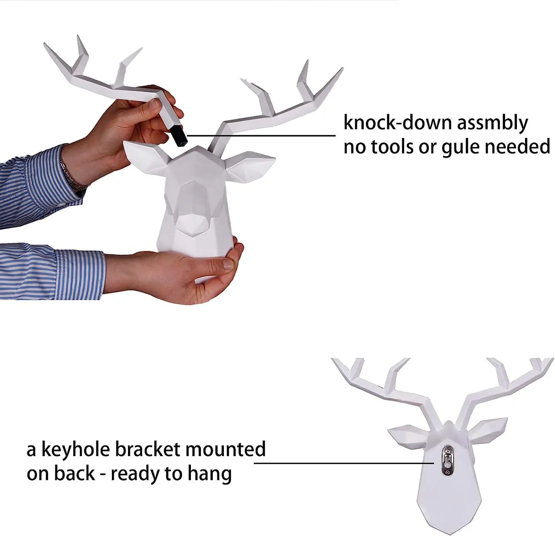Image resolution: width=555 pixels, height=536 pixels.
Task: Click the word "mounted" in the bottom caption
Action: [x=225, y=449]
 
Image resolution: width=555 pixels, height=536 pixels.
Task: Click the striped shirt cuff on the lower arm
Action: [x=83, y=273]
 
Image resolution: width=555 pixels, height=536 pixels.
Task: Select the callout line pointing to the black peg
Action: [x=261, y=135]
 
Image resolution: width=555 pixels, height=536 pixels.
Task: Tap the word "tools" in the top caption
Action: [x=397, y=147]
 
